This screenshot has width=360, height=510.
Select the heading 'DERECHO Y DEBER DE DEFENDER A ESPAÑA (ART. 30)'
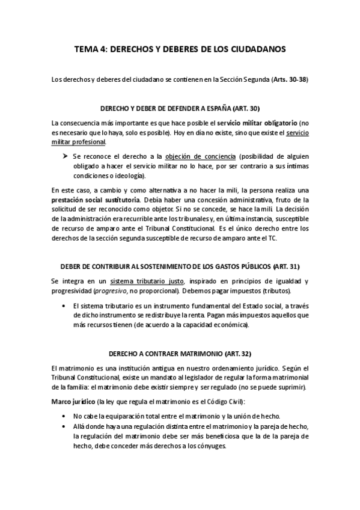pos(180,108)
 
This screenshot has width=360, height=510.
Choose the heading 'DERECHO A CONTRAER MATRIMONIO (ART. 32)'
pos(180,354)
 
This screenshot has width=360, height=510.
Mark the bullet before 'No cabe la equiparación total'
pos(64,416)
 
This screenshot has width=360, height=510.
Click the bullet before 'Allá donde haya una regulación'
pos(64,426)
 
